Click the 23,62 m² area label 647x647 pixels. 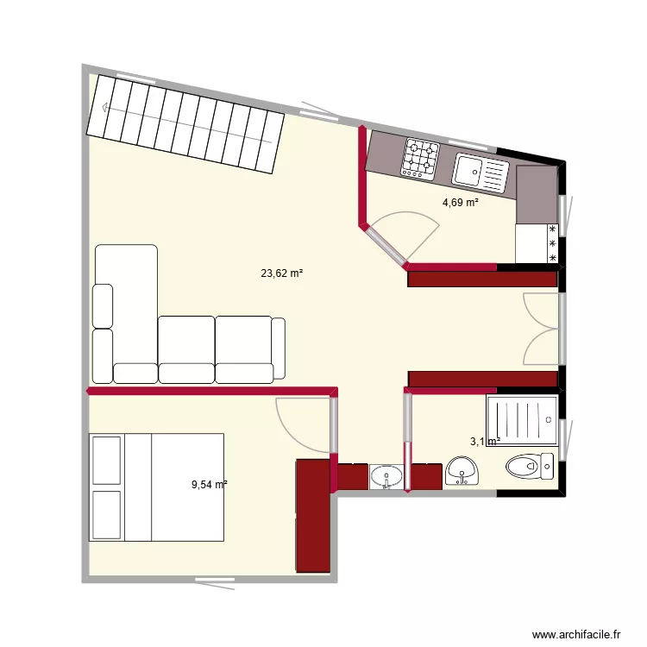coord(282,273)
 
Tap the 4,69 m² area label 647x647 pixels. coord(461,204)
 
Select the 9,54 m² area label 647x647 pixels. coord(210,485)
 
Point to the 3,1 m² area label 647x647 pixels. coord(485,442)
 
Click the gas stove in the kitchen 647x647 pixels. coord(420,160)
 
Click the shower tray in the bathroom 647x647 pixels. coord(521,420)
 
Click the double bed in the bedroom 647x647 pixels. coord(157,487)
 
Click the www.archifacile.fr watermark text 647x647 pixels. coord(576,634)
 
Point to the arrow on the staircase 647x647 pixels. coord(105,108)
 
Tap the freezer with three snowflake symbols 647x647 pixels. coord(537,243)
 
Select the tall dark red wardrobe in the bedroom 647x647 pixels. coord(312,515)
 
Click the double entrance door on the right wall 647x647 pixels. coord(543,328)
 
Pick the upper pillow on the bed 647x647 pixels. coord(107,460)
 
